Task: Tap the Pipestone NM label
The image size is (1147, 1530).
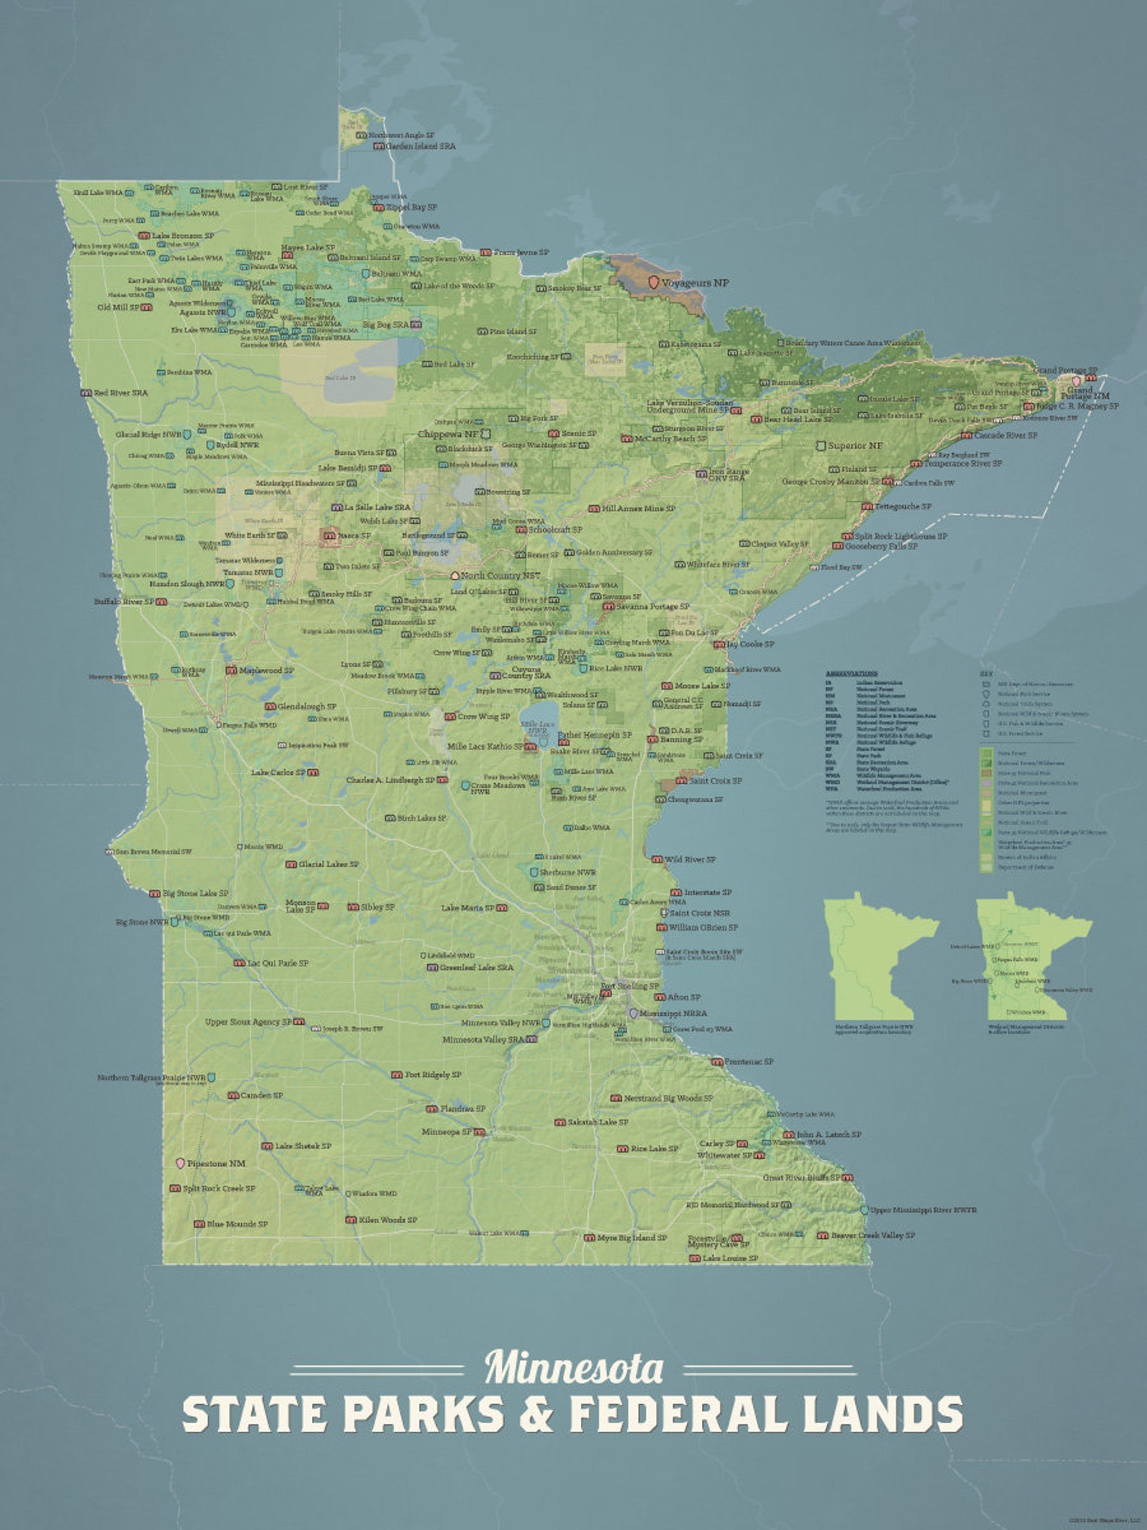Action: [216, 1164]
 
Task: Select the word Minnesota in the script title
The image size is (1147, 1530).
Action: [573, 1368]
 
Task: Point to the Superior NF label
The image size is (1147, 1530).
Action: [855, 446]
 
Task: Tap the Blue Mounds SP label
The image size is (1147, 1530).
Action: [237, 1224]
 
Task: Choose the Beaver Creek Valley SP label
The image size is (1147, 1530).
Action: [873, 1235]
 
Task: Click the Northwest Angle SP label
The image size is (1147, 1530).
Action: [401, 135]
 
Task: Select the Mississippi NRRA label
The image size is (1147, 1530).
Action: [672, 1013]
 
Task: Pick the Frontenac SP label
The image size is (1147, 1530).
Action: [749, 1062]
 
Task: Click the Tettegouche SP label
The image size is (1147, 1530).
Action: [902, 507]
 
